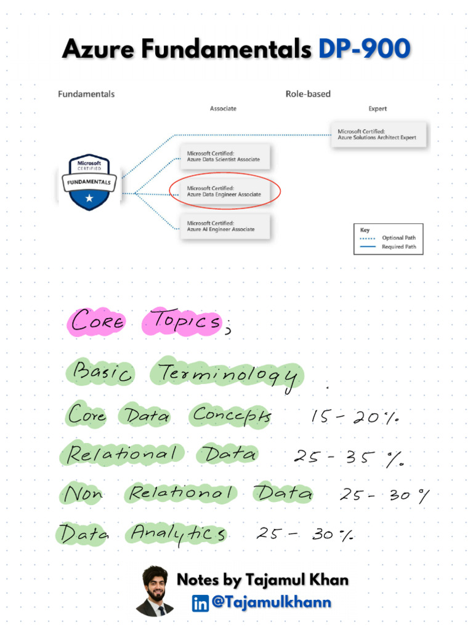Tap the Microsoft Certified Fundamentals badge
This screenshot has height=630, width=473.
pyautogui.click(x=89, y=181)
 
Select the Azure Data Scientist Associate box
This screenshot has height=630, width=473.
pyautogui.click(x=224, y=156)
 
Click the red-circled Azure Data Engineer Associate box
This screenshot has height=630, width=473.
pyautogui.click(x=224, y=191)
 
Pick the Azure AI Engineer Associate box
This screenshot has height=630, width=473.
pyautogui.click(x=224, y=226)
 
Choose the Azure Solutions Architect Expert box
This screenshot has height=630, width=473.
pyautogui.click(x=378, y=135)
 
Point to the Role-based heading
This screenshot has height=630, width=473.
pyautogui.click(x=308, y=94)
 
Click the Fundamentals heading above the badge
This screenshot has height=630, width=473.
pyautogui.click(x=86, y=94)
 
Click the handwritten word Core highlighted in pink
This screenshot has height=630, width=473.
pyautogui.click(x=97, y=321)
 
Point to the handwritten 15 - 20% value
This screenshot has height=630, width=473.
pyautogui.click(x=355, y=418)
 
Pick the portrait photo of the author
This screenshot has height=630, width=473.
pyautogui.click(x=155, y=591)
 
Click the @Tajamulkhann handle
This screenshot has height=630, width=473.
pyautogui.click(x=271, y=603)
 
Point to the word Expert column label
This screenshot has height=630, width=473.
pyautogui.click(x=378, y=109)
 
